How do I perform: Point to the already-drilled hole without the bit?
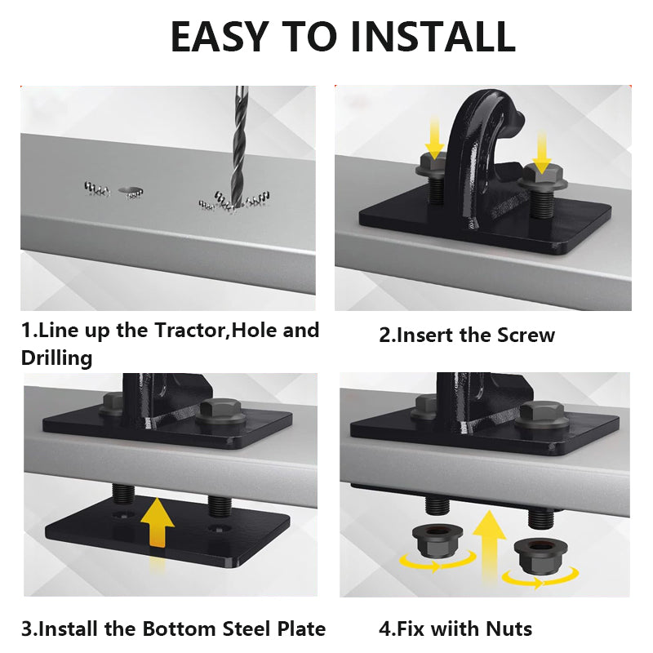pyautogui.click(x=130, y=190)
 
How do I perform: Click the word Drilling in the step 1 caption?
pyautogui.click(x=56, y=358)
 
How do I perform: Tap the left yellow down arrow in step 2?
pyautogui.click(x=435, y=137)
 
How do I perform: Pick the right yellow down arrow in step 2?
pyautogui.click(x=541, y=152)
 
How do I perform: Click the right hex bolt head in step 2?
pyautogui.click(x=544, y=177)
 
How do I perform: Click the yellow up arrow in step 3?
pyautogui.click(x=157, y=522)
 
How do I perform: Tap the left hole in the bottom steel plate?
pyautogui.click(x=123, y=514)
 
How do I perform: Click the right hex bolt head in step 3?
pyautogui.click(x=220, y=412)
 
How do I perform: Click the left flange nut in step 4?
pyautogui.click(x=438, y=540)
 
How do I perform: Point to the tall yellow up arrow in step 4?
pyautogui.click(x=489, y=545)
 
